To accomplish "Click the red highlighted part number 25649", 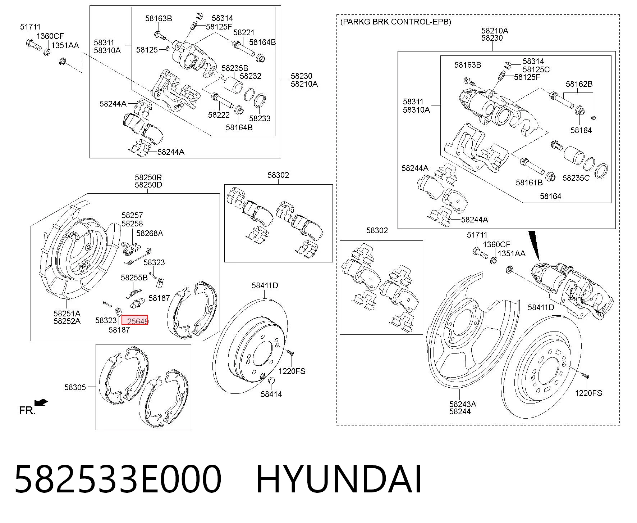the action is [138, 321].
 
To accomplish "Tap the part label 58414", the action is [271, 394].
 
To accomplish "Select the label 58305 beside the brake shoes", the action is [75, 387].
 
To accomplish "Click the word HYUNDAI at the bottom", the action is [339, 479].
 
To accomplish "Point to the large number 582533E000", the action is [118, 479].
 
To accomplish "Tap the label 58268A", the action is [150, 233].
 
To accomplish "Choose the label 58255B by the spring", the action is [134, 278].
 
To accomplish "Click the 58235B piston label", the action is [235, 68].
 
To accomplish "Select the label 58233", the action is [260, 118].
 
